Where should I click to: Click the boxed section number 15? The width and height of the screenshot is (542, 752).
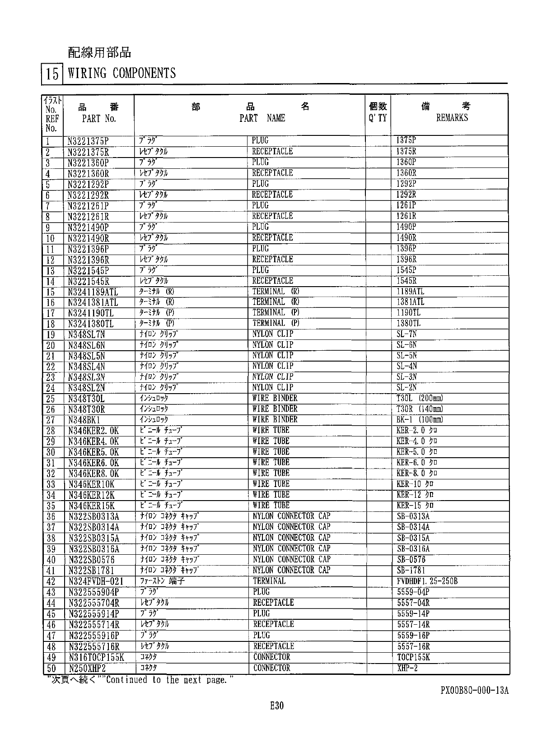tap(52, 74)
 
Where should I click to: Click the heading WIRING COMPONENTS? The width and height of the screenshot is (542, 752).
tap(121, 73)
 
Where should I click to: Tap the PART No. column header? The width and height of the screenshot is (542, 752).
tap(99, 119)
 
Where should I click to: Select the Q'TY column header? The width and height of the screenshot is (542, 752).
tap(378, 118)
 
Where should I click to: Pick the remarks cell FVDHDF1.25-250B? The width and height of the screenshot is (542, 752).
tap(427, 581)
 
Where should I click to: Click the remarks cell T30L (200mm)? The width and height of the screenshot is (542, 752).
tap(420, 398)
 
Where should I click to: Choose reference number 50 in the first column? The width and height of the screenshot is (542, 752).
tap(51, 668)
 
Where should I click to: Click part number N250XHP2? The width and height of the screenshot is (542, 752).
tap(87, 668)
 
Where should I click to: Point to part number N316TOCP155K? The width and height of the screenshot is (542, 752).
tap(96, 658)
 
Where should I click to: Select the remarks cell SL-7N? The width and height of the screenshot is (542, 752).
tap(406, 334)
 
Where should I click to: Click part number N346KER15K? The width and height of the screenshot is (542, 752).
tap(92, 506)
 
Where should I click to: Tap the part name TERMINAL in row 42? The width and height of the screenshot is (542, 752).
tap(269, 581)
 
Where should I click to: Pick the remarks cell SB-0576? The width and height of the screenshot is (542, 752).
tap(411, 560)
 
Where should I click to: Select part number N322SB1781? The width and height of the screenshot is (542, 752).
tap(92, 571)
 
